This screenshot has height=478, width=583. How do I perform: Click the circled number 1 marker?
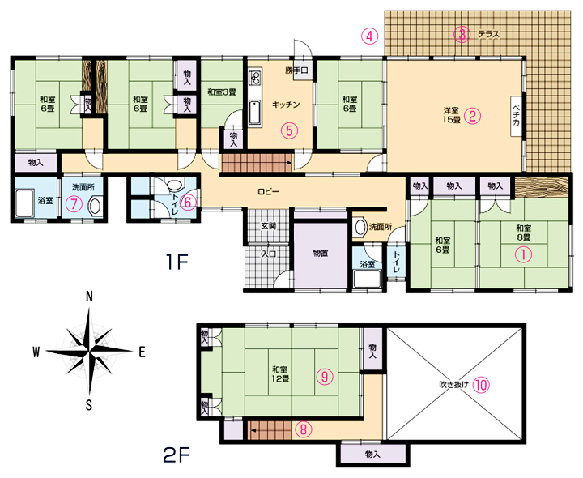point(523,255)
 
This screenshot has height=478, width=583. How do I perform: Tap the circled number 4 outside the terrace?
point(369,36)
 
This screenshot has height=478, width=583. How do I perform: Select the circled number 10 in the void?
point(481,385)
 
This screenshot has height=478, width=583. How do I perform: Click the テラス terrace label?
point(488,35)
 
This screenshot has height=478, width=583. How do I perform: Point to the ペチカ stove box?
point(517,117)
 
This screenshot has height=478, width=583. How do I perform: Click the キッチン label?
point(286,105)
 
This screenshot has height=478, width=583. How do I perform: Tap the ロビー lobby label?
point(269,191)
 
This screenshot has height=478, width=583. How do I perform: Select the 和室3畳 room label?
point(222,92)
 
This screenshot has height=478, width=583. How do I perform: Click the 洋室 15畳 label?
point(451,115)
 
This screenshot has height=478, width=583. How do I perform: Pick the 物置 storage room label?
point(320,254)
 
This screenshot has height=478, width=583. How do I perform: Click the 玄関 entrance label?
point(269,226)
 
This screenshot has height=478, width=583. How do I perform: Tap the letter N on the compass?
point(89,297)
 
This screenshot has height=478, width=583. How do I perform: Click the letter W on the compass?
point(36,352)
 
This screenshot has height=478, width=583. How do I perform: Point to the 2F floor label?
point(177,455)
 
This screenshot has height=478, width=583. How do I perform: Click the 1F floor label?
point(177,262)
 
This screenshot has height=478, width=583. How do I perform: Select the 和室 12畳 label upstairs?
point(280,374)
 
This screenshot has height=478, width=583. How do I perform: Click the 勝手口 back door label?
point(296,70)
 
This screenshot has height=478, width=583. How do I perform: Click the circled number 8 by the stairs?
point(304,429)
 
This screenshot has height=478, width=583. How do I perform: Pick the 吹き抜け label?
point(453,385)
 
